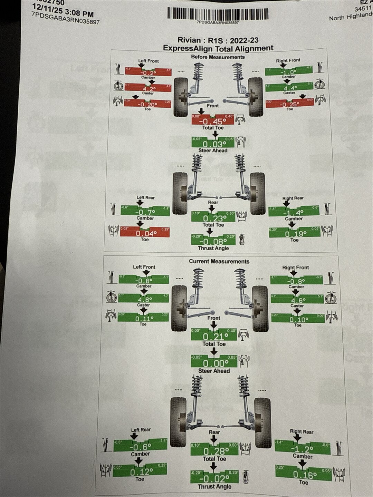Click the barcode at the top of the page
tap(218, 14)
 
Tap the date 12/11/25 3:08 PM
tap(63, 11)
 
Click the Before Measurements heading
tap(218, 57)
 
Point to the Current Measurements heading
tap(219, 261)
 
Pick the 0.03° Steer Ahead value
tap(212, 144)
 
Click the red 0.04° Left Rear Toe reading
tap(145, 233)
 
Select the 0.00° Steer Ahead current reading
tap(214, 363)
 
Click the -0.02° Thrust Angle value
tap(214, 479)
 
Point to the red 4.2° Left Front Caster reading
tap(148, 88)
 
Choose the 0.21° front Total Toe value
tap(214, 337)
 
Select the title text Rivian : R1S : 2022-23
tap(218, 40)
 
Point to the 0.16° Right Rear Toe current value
tap(303, 475)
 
